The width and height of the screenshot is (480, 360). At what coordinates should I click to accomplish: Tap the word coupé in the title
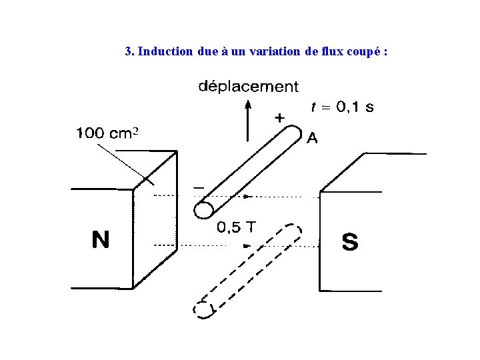pyautogui.click(x=364, y=51)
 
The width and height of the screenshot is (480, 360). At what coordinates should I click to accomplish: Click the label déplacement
pyautogui.click(x=249, y=87)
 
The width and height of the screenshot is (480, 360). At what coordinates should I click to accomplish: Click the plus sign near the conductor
pyautogui.click(x=279, y=118)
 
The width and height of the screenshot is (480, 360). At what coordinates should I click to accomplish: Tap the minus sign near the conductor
pyautogui.click(x=198, y=189)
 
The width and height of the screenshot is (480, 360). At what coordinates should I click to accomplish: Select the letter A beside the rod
pyautogui.click(x=312, y=138)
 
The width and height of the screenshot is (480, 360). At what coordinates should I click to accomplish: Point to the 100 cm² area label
pyautogui.click(x=107, y=133)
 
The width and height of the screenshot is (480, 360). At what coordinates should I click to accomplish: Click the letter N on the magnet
pyautogui.click(x=100, y=240)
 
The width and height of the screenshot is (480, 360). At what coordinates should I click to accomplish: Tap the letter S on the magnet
pyautogui.click(x=349, y=242)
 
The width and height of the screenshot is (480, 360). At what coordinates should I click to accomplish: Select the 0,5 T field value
pyautogui.click(x=236, y=227)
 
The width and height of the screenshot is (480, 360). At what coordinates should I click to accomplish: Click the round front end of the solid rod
pyautogui.click(x=203, y=210)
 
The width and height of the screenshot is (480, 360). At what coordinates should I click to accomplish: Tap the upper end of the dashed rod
pyautogui.click(x=293, y=230)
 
